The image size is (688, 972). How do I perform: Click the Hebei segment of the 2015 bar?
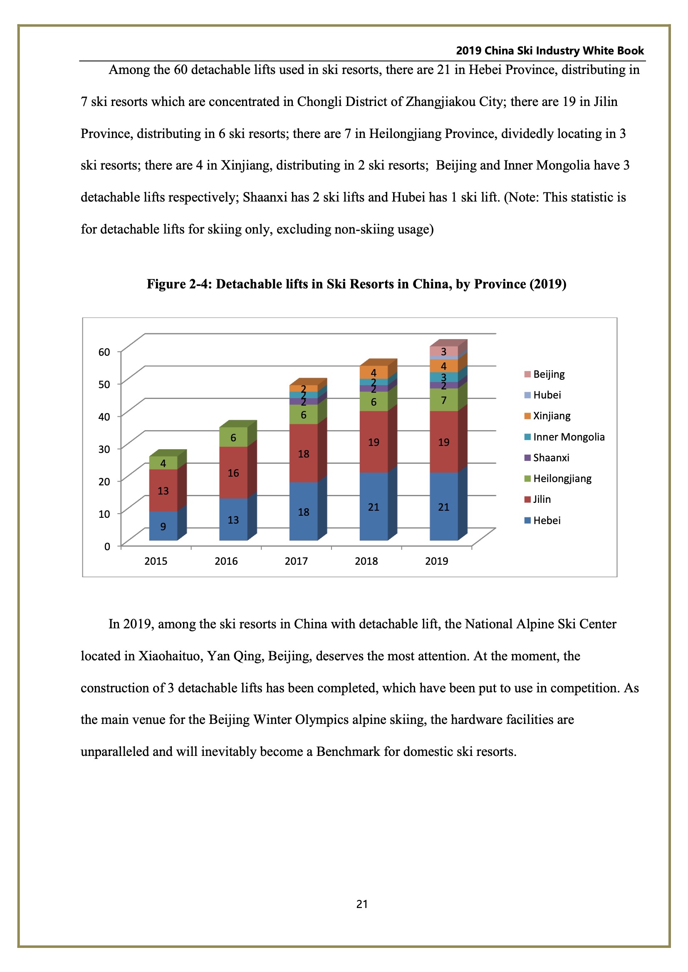point(163,526)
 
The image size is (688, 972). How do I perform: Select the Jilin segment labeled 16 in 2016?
point(233,472)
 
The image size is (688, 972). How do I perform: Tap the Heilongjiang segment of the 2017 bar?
point(303,414)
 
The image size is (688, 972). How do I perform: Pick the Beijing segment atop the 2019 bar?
point(443,352)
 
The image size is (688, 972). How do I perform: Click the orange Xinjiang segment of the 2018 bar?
point(374,372)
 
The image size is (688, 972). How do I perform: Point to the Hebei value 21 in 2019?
point(443,507)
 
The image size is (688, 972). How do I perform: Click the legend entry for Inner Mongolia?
point(564,437)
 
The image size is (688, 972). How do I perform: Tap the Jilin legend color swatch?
point(527,500)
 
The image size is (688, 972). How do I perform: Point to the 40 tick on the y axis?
point(104,416)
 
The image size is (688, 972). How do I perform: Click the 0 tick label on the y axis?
point(107,546)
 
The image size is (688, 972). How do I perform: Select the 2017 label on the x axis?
point(296,561)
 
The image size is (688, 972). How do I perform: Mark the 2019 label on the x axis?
point(436,561)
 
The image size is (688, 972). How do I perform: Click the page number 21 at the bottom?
point(362,904)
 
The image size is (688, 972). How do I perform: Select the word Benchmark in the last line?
point(348,751)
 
